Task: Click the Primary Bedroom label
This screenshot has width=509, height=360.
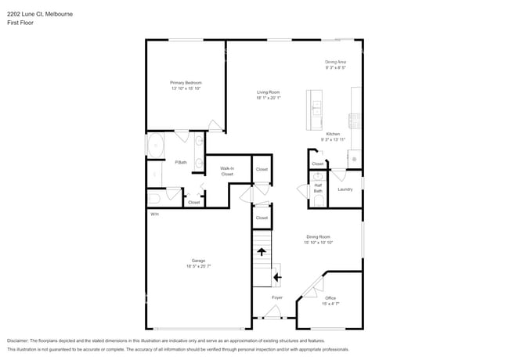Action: pos(186,82)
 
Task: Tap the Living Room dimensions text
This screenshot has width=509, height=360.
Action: pos(268,99)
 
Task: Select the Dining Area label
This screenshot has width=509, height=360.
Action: pos(336,62)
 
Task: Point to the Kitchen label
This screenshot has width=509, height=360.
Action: pos(332,134)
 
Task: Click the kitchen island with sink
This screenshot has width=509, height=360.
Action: pos(316,110)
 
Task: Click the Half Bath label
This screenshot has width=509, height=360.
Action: pos(318,188)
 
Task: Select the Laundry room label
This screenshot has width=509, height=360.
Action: pos(345,189)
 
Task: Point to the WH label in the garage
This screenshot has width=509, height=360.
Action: pos(154,214)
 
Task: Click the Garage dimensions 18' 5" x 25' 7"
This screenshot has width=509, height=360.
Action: pos(199,267)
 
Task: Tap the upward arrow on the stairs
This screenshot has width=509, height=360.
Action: pos(261,251)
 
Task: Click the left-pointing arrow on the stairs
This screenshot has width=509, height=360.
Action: pos(276,276)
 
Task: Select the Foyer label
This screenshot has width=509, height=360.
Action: pos(277,297)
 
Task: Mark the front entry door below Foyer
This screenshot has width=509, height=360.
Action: pos(273,315)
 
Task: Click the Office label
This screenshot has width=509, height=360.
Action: pos(330,297)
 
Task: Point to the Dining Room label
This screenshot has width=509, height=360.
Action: pos(318,236)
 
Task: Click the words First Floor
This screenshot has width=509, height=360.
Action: pos(20,23)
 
